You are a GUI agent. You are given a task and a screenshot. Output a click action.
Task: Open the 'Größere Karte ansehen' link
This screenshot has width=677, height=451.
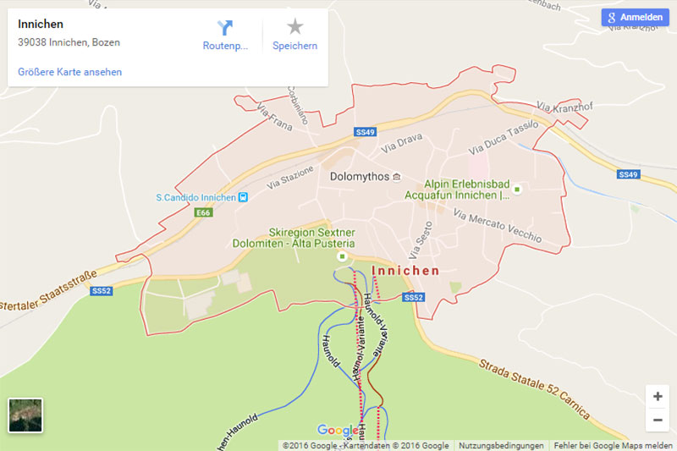[x=69, y=72]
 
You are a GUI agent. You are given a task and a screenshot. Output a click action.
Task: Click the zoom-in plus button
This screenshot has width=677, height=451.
[x=658, y=396]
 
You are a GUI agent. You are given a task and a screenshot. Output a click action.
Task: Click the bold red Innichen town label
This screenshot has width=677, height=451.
[x=405, y=271]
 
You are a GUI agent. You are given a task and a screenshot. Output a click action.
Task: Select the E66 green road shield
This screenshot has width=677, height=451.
[x=203, y=212]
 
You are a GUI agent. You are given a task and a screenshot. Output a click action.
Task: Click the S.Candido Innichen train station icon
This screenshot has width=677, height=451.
[x=244, y=198]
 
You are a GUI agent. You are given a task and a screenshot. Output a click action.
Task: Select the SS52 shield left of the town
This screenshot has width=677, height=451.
[x=102, y=291]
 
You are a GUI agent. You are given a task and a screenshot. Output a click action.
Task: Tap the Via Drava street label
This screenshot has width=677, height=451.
[x=402, y=144]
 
